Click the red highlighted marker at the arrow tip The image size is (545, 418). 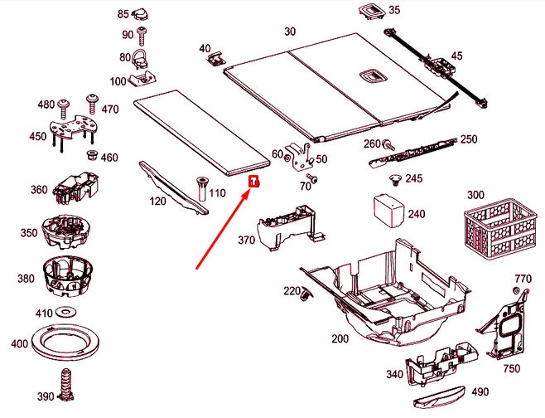(255, 181)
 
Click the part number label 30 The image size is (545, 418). (289, 32)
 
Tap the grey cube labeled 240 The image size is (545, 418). (386, 209)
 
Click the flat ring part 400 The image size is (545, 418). (65, 344)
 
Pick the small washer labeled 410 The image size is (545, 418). (65, 313)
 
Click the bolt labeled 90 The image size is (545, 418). (142, 35)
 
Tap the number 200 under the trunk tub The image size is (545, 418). (340, 339)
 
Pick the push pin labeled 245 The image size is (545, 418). (395, 179)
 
